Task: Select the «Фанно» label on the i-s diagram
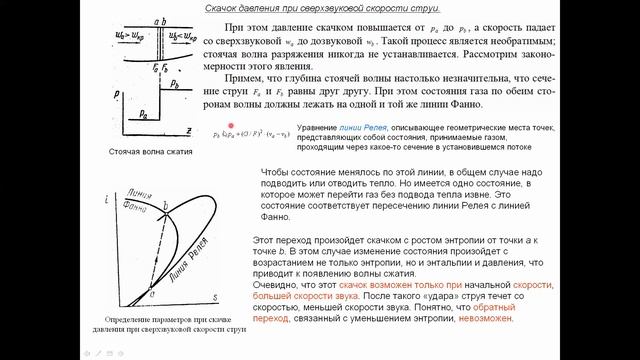132,196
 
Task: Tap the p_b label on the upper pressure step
176,85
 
